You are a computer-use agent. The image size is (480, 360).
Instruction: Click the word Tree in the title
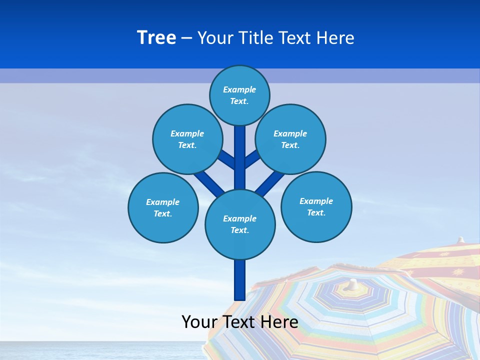[156, 37]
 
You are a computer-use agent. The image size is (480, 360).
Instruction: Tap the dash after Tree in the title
[186, 38]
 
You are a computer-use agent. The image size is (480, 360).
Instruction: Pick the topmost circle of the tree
[239, 95]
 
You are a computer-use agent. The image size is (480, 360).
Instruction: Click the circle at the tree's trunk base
[240, 224]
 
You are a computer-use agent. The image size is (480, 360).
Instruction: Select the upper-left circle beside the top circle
[187, 139]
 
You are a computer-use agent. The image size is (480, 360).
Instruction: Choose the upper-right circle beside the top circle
[290, 139]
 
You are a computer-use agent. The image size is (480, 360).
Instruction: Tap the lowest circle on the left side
[163, 207]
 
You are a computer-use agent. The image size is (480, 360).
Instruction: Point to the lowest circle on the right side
[316, 206]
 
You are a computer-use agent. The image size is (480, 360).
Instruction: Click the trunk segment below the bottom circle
[239, 280]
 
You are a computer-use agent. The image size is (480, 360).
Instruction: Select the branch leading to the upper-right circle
[253, 159]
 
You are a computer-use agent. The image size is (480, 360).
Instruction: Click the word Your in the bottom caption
[199, 322]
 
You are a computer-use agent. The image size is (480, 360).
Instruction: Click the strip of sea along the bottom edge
[100, 351]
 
